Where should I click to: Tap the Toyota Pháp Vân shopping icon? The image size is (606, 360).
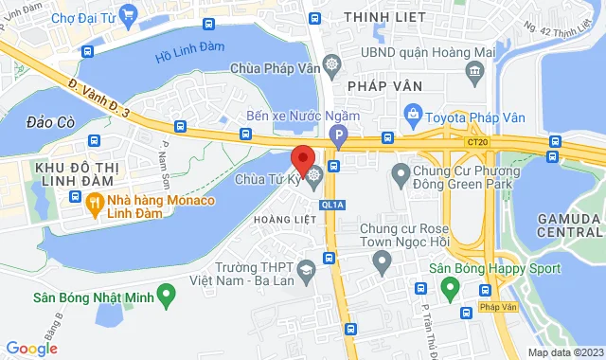pos(413,116)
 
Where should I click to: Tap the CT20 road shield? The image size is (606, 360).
pos(477,141)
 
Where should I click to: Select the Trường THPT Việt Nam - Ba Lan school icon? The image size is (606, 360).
pos(307,272)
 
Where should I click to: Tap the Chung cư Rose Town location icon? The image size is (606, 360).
pos(381,261)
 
